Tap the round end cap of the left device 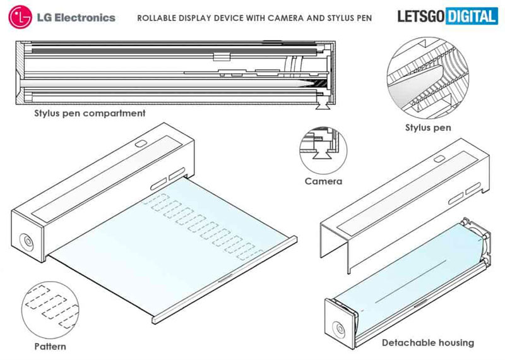[x=27, y=243]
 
